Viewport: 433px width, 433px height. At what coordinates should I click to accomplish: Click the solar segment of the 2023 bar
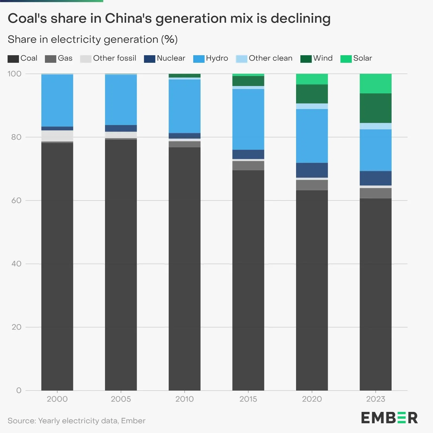375,83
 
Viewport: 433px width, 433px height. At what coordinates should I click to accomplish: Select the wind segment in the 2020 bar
312,94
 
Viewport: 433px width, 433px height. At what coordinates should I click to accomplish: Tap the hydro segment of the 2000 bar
57,100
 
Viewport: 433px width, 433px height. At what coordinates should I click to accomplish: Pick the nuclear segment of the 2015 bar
248,154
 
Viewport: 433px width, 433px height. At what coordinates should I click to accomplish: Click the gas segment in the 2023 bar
375,193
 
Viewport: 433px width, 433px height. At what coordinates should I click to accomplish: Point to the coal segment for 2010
185,268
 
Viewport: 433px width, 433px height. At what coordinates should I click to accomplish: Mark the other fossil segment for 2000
57,136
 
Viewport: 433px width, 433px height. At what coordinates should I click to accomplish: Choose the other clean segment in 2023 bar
375,126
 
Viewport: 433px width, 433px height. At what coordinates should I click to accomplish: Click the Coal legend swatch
13,59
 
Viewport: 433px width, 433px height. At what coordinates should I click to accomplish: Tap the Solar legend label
362,58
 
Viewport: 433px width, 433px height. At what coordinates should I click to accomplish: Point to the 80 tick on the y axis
16,137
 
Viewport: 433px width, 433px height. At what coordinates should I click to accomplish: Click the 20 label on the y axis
16,327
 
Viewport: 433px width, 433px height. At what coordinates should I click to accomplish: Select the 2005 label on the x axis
121,399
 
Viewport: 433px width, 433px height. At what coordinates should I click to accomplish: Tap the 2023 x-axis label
375,399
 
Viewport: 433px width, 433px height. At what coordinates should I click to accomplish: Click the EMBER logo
389,418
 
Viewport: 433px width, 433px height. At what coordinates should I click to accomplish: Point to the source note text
76,421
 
